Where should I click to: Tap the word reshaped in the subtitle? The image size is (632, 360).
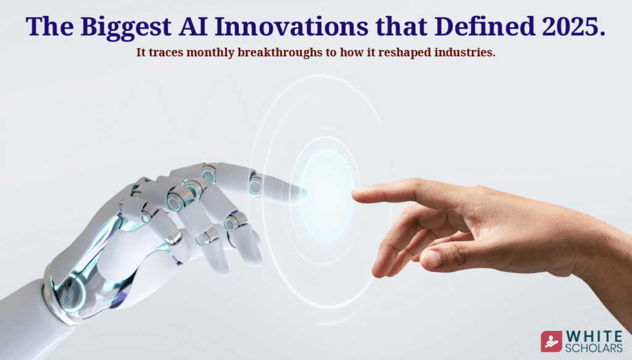click(418, 52)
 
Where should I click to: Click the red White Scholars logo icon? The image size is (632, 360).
click(551, 341)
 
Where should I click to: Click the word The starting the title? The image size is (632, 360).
click(48, 26)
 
